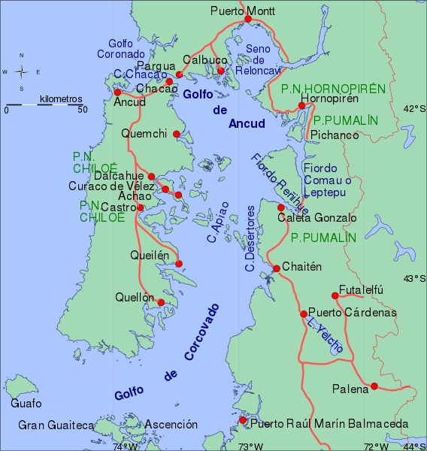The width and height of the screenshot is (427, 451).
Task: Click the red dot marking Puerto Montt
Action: point(248,20)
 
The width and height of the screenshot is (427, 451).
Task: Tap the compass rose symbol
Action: point(22,72)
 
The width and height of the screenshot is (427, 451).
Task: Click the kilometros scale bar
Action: point(44,104)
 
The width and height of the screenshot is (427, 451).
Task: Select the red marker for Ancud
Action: point(117,92)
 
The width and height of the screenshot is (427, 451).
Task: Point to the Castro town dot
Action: point(140,207)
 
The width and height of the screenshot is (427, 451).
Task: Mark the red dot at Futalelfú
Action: point(335,295)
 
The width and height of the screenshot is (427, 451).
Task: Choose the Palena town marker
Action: point(374,387)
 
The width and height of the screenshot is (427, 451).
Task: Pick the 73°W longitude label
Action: point(250,446)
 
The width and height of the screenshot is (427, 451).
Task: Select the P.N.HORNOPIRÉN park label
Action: point(333,89)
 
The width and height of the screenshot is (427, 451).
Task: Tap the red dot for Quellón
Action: point(161,302)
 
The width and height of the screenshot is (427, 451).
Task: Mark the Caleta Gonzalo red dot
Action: point(280,207)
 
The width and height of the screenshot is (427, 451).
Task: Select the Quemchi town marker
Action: point(177,135)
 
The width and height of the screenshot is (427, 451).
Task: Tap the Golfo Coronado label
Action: point(121,49)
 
